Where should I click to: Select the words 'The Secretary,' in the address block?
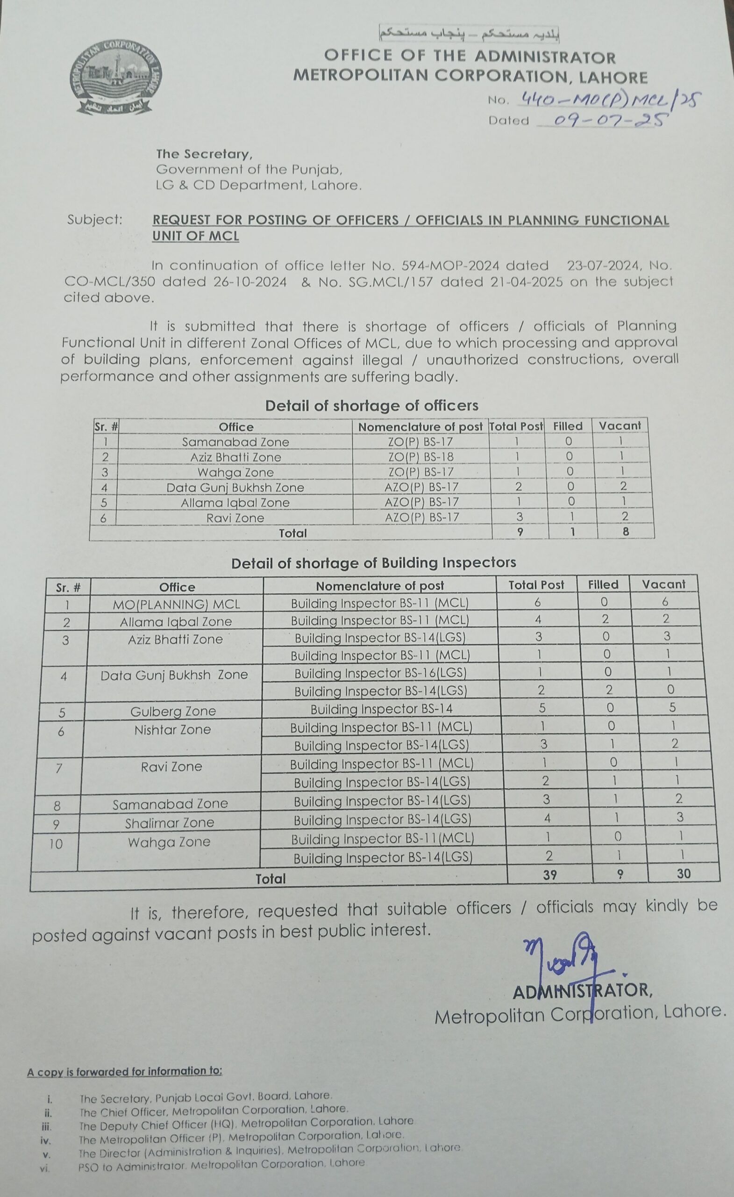click(x=204, y=154)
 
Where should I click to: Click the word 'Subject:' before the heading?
click(x=95, y=220)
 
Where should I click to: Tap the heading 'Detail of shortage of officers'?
click(x=371, y=406)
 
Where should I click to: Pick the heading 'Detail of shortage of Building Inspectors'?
click(x=373, y=562)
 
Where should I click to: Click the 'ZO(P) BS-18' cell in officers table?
click(x=421, y=457)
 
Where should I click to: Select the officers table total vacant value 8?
click(x=626, y=532)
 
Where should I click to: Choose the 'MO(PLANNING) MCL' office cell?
click(x=176, y=604)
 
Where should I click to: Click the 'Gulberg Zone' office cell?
click(x=173, y=711)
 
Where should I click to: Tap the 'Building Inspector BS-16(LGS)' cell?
click(x=380, y=673)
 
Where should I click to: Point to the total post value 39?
click(x=549, y=875)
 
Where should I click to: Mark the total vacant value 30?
click(x=683, y=873)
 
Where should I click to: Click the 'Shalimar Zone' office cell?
click(x=170, y=823)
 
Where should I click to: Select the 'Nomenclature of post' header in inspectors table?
click(x=380, y=586)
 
